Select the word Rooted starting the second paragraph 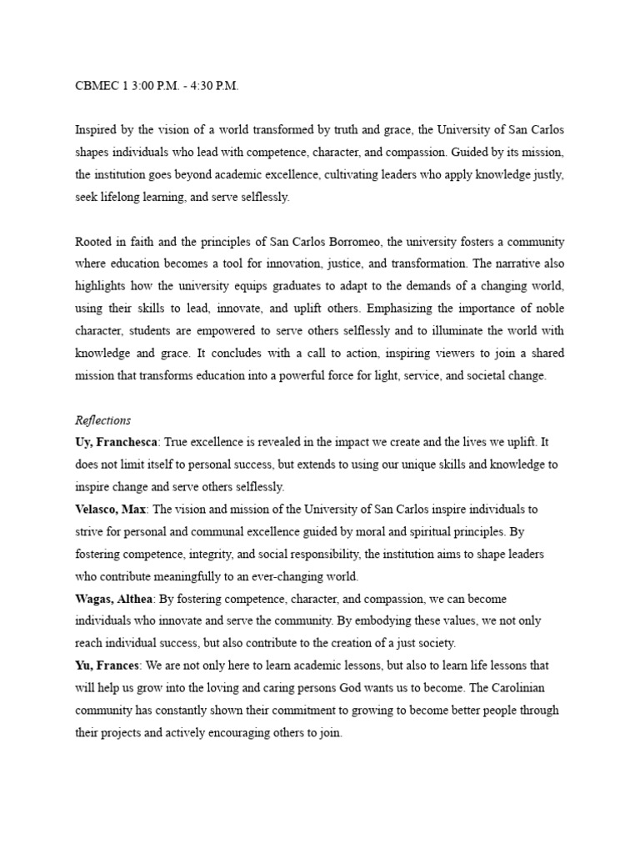tap(93, 242)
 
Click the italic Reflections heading tap(102, 420)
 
